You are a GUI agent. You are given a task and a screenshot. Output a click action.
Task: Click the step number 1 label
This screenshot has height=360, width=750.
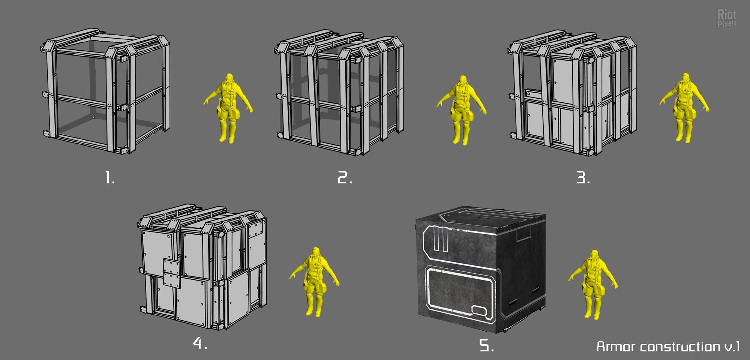109,177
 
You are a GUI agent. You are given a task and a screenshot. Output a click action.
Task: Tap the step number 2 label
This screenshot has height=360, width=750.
345,177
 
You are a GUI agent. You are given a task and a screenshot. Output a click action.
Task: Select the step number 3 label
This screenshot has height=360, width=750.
583,177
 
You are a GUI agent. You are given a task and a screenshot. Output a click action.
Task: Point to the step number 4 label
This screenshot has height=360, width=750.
200,343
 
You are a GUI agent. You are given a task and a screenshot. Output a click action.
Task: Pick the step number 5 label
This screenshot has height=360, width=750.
486,345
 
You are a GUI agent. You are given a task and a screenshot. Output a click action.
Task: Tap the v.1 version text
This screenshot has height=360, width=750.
732,346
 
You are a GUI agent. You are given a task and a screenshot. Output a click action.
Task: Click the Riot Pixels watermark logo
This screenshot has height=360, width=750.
726,18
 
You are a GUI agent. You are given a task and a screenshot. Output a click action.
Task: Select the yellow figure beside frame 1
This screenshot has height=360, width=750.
228,108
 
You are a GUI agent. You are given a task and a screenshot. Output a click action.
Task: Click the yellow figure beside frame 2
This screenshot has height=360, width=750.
462,110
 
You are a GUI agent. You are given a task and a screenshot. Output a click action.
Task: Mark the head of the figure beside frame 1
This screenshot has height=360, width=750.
229,79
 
